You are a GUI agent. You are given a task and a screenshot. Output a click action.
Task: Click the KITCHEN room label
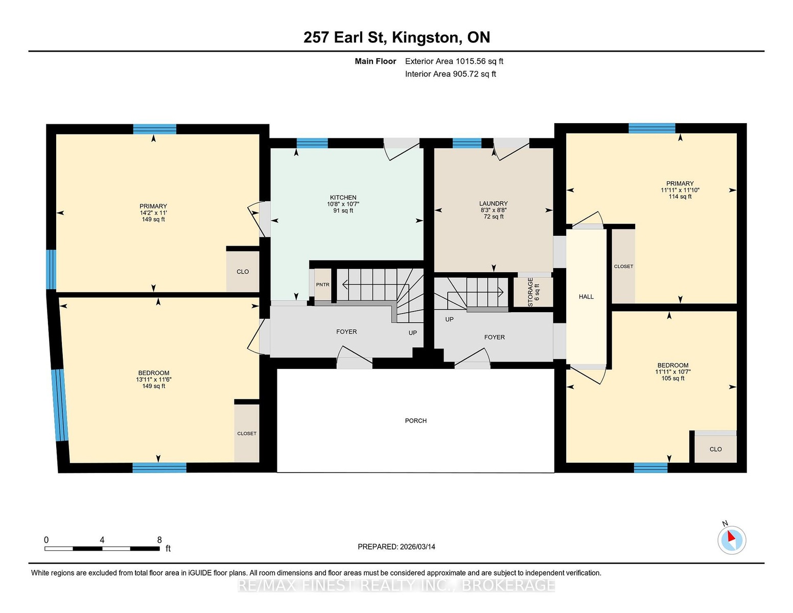343,197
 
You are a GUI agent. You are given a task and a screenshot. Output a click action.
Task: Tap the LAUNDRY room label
494,203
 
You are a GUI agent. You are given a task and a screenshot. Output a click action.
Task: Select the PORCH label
415,420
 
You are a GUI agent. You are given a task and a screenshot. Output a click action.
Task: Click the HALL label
586,297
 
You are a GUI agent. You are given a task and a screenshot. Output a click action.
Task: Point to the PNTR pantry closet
322,285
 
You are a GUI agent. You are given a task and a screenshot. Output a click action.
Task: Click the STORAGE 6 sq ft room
533,292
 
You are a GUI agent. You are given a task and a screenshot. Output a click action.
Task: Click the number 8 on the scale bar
159,540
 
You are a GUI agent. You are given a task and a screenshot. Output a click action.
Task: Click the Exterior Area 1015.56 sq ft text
454,61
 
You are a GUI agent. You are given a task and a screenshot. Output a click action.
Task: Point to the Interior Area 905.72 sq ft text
450,74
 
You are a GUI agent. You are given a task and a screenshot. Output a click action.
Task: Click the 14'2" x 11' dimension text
153,213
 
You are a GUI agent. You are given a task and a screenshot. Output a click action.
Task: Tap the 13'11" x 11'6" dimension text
154,379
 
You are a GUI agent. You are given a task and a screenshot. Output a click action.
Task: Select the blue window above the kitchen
312,143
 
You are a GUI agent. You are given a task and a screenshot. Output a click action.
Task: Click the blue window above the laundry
467,143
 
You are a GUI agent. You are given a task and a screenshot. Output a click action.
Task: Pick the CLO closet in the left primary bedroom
243,271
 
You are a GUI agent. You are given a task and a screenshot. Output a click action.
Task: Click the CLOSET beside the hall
623,266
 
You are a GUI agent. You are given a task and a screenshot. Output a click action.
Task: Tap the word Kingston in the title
425,38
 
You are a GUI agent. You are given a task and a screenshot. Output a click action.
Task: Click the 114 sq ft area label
680,197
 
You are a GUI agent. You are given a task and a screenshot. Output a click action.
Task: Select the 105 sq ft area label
672,378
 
